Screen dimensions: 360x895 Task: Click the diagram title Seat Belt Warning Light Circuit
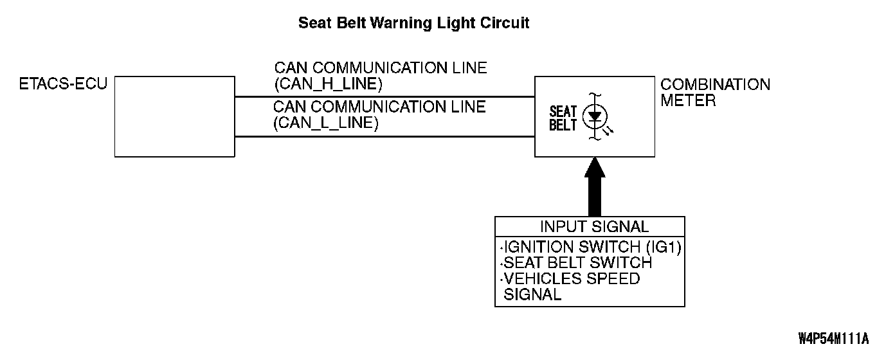(413, 23)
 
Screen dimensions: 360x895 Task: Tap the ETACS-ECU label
(64, 84)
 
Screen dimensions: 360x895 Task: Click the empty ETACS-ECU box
(174, 116)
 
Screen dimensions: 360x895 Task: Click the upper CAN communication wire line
(384, 96)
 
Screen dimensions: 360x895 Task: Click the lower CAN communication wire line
(384, 136)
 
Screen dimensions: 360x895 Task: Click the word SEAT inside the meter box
(563, 112)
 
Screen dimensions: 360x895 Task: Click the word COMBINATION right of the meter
(715, 85)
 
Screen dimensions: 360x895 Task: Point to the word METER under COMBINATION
(688, 101)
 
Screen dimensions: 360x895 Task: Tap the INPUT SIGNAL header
(594, 226)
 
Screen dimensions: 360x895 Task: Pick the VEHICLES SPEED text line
(572, 279)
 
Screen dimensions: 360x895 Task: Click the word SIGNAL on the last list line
(532, 295)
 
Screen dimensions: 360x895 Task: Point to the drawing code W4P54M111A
(834, 338)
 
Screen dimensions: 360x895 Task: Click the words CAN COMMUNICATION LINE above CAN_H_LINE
(381, 67)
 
